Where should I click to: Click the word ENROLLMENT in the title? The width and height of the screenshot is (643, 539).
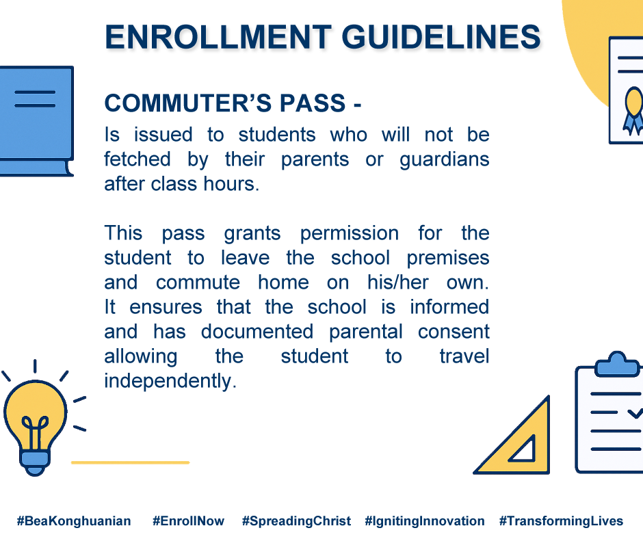[218, 37]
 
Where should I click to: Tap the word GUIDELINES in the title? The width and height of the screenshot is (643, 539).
[441, 37]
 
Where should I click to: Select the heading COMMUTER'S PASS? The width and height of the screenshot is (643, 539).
[225, 103]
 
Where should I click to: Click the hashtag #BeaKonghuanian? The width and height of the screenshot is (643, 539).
[74, 521]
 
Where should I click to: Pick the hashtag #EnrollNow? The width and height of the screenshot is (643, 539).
[188, 521]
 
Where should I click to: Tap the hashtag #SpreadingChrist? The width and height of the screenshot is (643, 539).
[296, 521]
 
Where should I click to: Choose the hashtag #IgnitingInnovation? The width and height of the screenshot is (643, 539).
[425, 521]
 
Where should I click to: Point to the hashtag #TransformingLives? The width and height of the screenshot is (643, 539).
[561, 521]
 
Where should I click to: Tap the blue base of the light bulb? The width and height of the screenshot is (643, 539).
[36, 462]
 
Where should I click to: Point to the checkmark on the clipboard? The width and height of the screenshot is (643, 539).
[635, 412]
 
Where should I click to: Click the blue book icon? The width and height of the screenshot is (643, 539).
[36, 121]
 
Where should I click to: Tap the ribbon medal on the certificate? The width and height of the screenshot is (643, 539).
[633, 111]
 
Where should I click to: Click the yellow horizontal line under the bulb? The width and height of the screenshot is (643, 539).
[131, 462]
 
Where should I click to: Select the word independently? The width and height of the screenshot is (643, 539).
[170, 381]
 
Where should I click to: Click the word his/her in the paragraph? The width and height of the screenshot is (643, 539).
[398, 282]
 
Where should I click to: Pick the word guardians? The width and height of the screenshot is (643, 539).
[445, 159]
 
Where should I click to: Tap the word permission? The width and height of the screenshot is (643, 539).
[350, 234]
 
